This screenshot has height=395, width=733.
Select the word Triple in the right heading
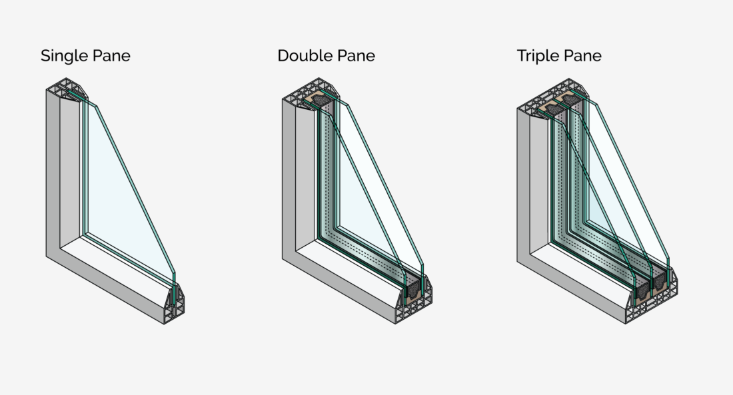[538, 56]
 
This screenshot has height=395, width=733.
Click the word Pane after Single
[112, 56]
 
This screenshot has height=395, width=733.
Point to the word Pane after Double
[357, 56]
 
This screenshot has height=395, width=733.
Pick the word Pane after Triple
[582, 56]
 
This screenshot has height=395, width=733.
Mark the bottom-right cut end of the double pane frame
[414, 304]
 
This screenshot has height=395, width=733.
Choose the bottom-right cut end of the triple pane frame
[652, 302]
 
